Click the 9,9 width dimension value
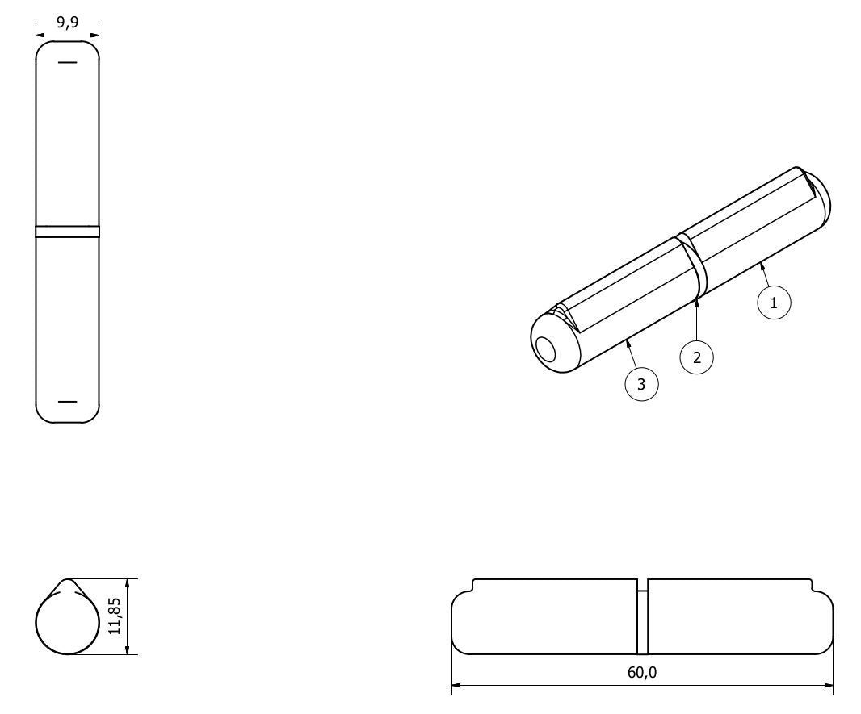pyautogui.click(x=68, y=23)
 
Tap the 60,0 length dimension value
pyautogui.click(x=642, y=672)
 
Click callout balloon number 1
pyautogui.click(x=774, y=303)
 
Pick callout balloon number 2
pyautogui.click(x=697, y=357)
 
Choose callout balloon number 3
pyautogui.click(x=641, y=384)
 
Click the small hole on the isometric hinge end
pyautogui.click(x=546, y=350)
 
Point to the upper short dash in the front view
pyautogui.click(x=68, y=62)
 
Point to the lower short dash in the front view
pyautogui.click(x=68, y=402)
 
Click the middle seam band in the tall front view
pyautogui.click(x=68, y=232)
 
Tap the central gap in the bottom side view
pyautogui.click(x=642, y=616)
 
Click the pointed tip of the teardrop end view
pyautogui.click(x=68, y=579)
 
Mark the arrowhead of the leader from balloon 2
pyautogui.click(x=696, y=303)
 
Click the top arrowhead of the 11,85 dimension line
pyautogui.click(x=128, y=584)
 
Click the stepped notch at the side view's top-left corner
pyautogui.click(x=462, y=587)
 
